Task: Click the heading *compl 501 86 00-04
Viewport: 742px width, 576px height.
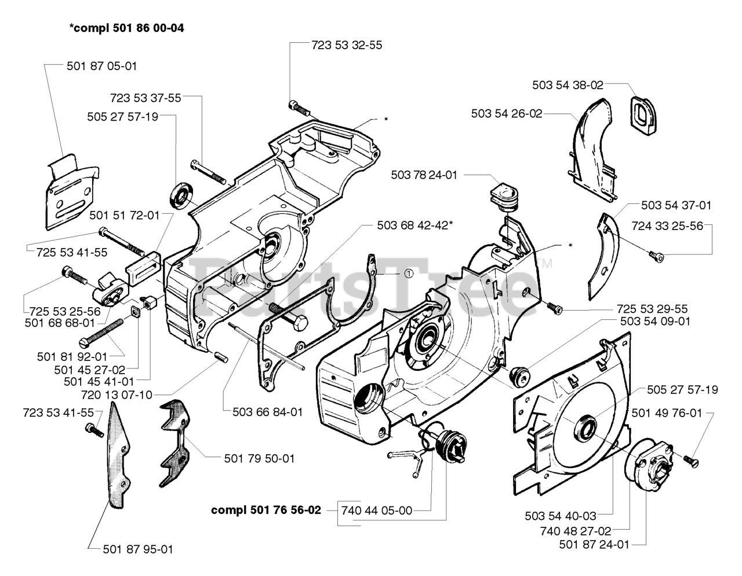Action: (127, 28)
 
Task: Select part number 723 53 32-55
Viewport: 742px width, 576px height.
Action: (347, 45)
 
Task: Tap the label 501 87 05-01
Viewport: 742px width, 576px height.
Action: (102, 66)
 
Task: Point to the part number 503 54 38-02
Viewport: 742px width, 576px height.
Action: (568, 85)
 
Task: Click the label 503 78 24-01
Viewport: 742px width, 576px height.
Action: (424, 175)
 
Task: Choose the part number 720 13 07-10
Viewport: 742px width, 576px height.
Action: (117, 395)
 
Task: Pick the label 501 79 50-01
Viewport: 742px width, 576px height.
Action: (259, 458)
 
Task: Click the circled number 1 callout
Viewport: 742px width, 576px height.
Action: (409, 274)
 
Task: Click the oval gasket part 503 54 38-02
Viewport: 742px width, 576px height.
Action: (643, 116)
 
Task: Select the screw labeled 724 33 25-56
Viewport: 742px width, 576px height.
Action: (656, 256)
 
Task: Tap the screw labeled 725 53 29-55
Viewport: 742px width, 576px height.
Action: (555, 308)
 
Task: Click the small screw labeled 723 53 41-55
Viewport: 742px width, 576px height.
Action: (94, 430)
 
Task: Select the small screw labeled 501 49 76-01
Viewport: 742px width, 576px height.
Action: (691, 462)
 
